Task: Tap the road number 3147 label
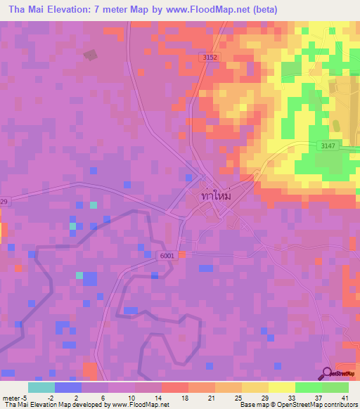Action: [x=326, y=145]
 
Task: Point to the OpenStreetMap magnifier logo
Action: [x=328, y=373]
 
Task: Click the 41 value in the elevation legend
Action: [x=344, y=397]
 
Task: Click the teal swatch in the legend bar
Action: [x=41, y=387]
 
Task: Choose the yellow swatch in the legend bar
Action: [x=282, y=387]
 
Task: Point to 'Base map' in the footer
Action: [x=253, y=405]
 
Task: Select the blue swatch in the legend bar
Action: [x=67, y=387]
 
